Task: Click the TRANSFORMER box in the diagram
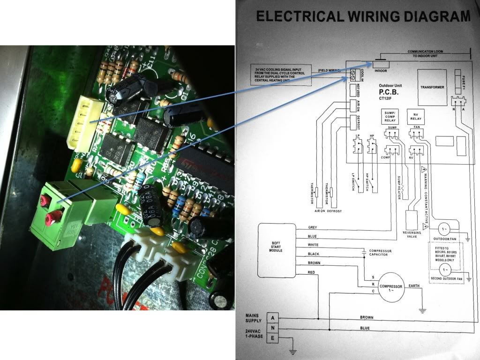432,88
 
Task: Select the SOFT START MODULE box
276,248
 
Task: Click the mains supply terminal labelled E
273,338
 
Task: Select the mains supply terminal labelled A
273,317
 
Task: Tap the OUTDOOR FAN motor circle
445,229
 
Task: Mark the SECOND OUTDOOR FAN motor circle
445,269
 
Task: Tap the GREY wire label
313,227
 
